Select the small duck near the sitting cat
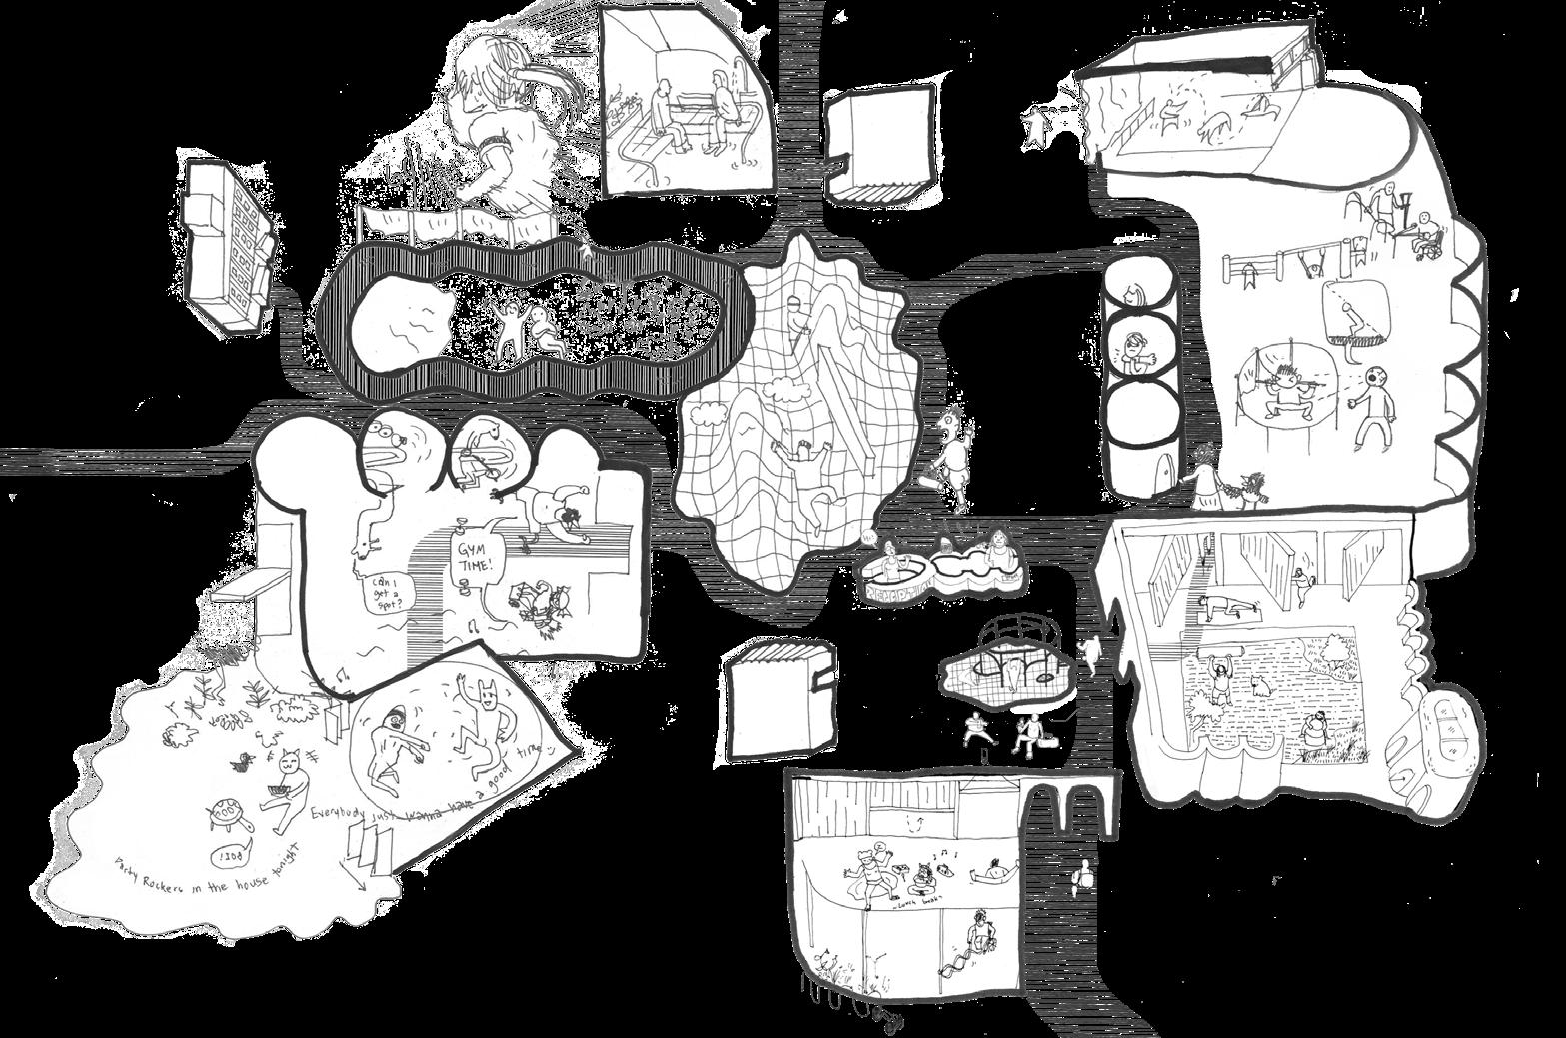242,763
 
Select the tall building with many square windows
225,245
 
